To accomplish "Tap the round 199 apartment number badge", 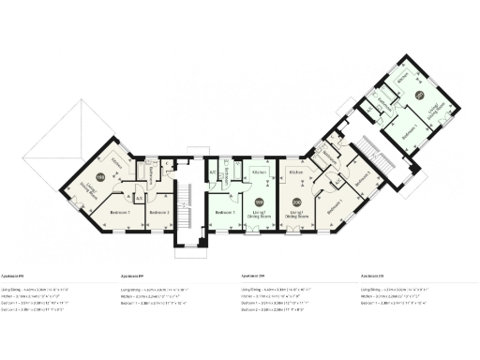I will (260, 201).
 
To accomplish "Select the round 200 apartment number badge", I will (297, 201).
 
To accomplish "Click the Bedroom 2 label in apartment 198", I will (157, 213).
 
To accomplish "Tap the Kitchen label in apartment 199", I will (261, 174).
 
